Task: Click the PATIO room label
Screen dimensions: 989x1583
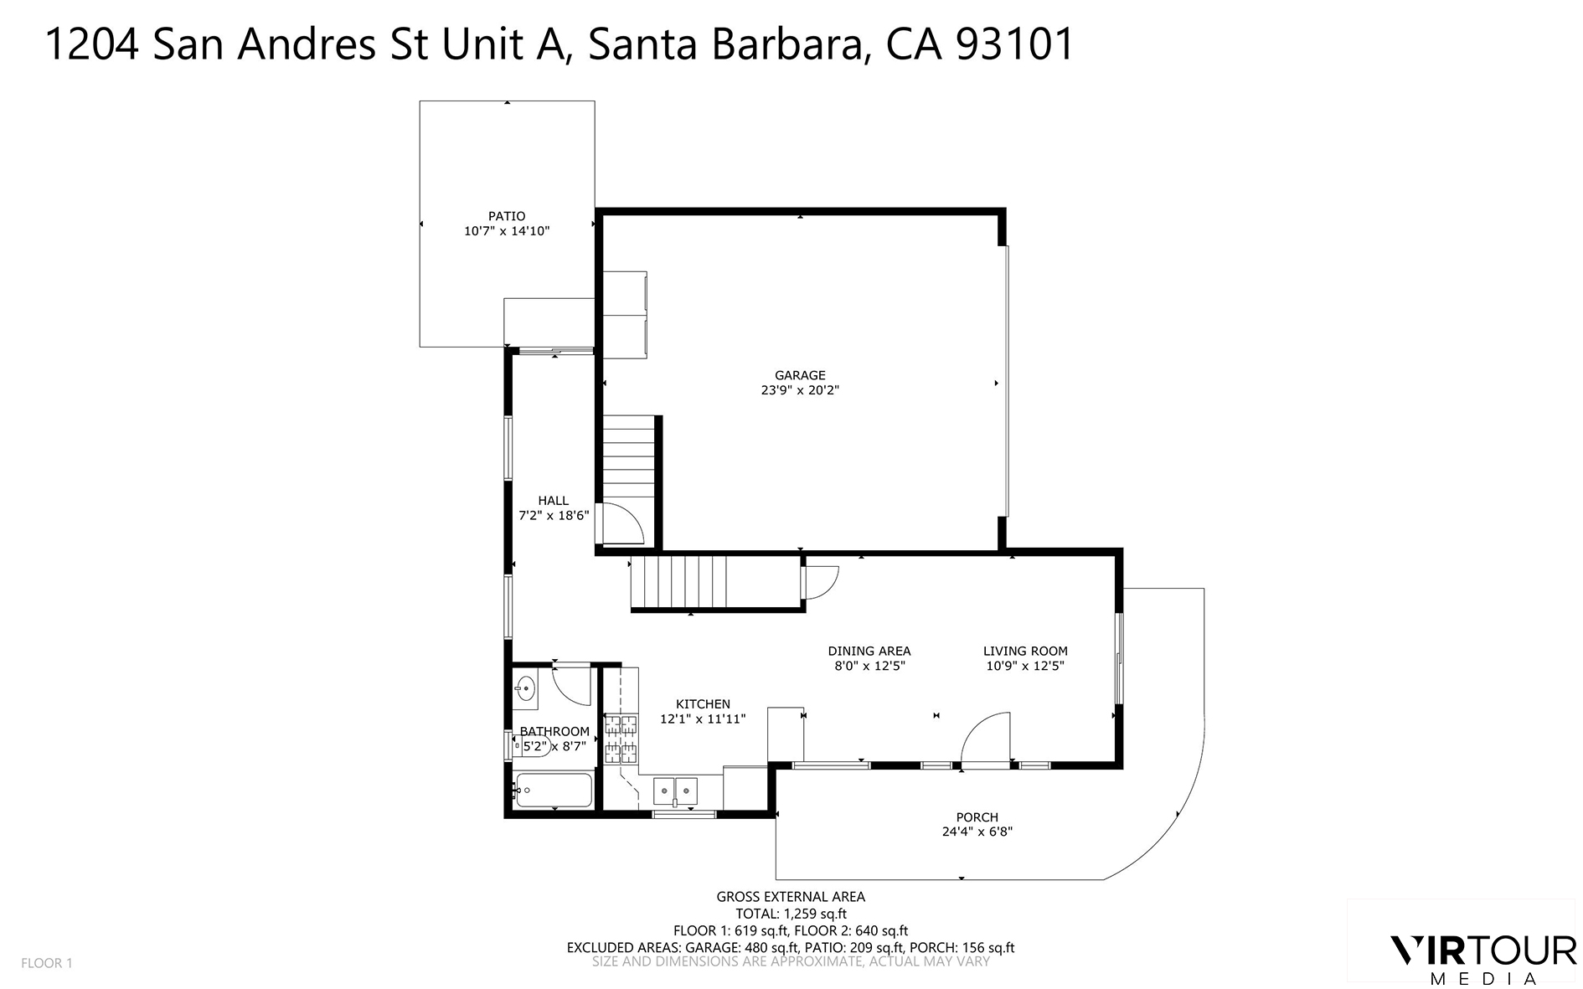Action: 507,216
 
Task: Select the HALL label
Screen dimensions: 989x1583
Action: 553,501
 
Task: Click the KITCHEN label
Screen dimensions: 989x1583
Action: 703,704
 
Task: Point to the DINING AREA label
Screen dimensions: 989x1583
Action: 869,651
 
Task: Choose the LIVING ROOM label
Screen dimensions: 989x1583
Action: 1025,651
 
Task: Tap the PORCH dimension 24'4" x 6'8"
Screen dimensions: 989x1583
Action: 977,832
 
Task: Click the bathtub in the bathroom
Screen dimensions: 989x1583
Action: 554,790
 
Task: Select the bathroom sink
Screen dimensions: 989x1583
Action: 525,688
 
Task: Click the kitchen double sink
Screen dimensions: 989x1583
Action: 675,789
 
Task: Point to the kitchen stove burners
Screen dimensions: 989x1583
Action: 621,738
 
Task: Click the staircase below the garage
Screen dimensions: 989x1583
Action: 678,585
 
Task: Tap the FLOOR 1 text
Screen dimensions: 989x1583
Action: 47,963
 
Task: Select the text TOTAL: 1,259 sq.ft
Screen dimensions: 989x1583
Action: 791,914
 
